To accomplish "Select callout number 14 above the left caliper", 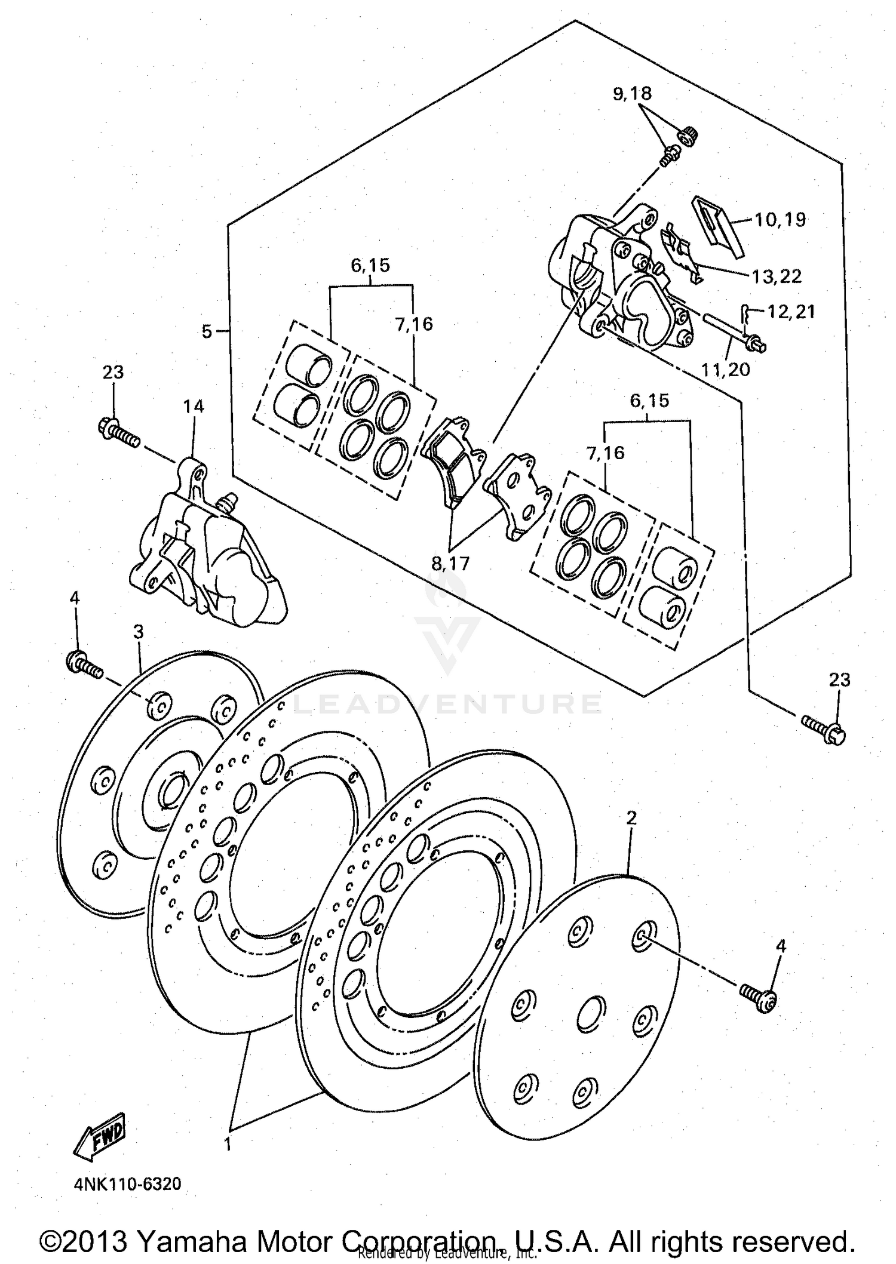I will (x=194, y=407).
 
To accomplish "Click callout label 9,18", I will (x=631, y=94).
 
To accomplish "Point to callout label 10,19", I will (x=780, y=220).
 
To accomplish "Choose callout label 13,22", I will (x=777, y=276).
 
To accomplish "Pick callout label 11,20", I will (x=726, y=370).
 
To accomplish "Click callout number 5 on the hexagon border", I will (x=207, y=331).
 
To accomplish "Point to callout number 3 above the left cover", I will (x=139, y=632).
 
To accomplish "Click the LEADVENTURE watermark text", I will (x=447, y=705).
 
